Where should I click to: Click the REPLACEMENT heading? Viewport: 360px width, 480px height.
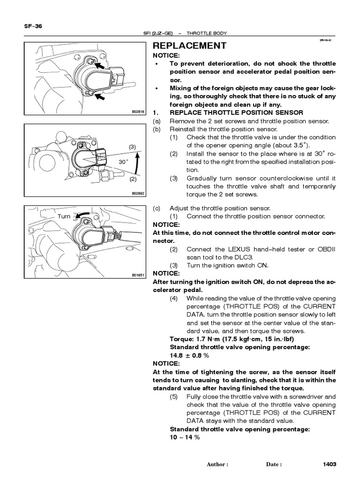[190, 45]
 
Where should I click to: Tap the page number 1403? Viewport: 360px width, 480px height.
[330, 465]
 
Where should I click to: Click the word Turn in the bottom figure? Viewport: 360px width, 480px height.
[64, 217]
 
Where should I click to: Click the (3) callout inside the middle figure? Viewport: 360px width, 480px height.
[132, 147]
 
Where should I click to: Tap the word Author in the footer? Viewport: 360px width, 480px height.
[217, 465]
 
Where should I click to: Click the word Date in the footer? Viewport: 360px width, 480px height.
[274, 465]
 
